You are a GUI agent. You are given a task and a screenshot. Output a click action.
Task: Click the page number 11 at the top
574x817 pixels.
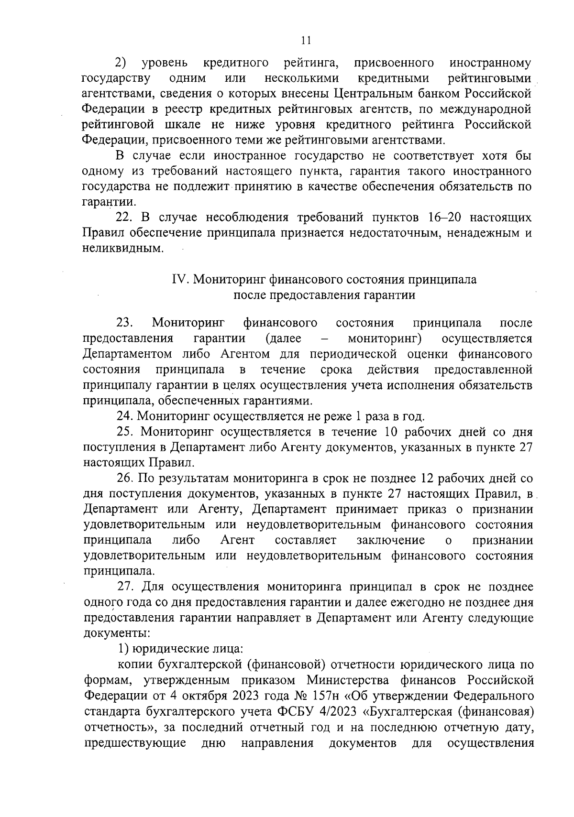307,41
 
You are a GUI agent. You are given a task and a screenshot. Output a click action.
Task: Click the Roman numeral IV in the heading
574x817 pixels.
180,279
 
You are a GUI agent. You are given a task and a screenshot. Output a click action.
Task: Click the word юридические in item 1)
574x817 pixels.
166,649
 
